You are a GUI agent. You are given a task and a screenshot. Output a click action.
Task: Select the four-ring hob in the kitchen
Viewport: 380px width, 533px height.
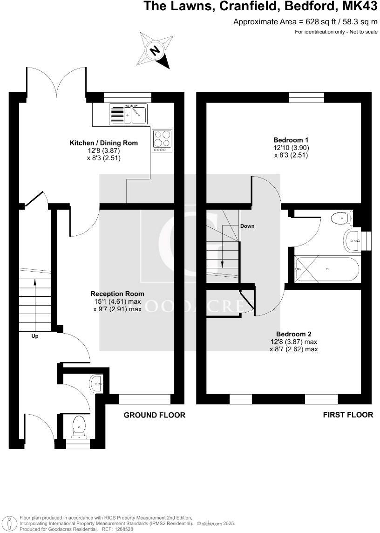(x=163, y=140)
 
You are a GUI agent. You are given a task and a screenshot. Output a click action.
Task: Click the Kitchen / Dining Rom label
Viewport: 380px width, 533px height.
(x=103, y=143)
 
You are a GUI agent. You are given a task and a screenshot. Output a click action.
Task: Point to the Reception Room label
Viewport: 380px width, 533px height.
(x=117, y=294)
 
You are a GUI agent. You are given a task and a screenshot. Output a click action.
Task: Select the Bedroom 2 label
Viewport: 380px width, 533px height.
(x=293, y=334)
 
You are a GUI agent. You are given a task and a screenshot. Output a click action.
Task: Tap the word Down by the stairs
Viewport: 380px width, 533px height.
(x=247, y=226)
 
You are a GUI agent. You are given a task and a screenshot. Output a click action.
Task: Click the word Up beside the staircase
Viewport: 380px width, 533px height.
(x=35, y=336)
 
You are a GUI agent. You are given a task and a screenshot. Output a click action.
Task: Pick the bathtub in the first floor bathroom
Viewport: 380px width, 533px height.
(x=327, y=270)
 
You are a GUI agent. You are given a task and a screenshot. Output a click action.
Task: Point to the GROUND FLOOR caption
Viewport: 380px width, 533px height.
(x=154, y=415)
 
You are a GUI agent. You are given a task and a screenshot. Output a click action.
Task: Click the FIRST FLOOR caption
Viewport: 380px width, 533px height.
(x=348, y=415)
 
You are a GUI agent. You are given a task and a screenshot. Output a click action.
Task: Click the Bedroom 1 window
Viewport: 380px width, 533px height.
(x=306, y=97)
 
